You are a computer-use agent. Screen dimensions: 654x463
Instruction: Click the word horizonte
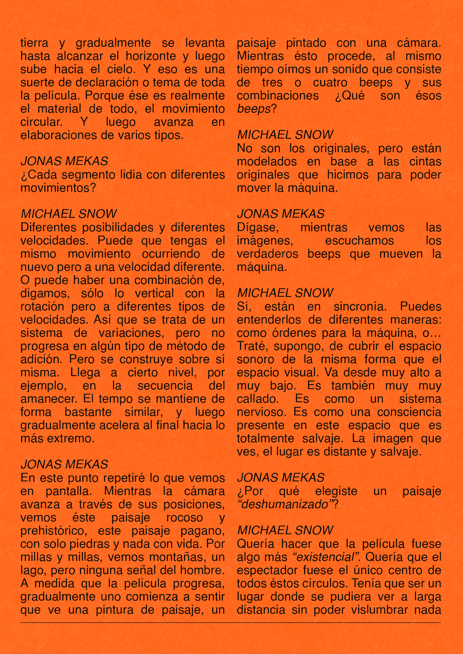tap(151, 56)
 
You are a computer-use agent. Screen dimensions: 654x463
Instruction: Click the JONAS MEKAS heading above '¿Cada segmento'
tap(64, 161)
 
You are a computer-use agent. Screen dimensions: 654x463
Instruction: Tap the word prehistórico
tap(54, 531)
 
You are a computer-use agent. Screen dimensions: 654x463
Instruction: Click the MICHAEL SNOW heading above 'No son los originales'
tap(285, 135)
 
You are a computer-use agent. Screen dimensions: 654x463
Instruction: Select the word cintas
tap(425, 161)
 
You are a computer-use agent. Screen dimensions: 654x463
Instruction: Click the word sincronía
tap(360, 306)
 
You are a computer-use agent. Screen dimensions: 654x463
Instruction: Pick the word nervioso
tap(261, 412)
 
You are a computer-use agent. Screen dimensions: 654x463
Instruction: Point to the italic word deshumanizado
tap(285, 504)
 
